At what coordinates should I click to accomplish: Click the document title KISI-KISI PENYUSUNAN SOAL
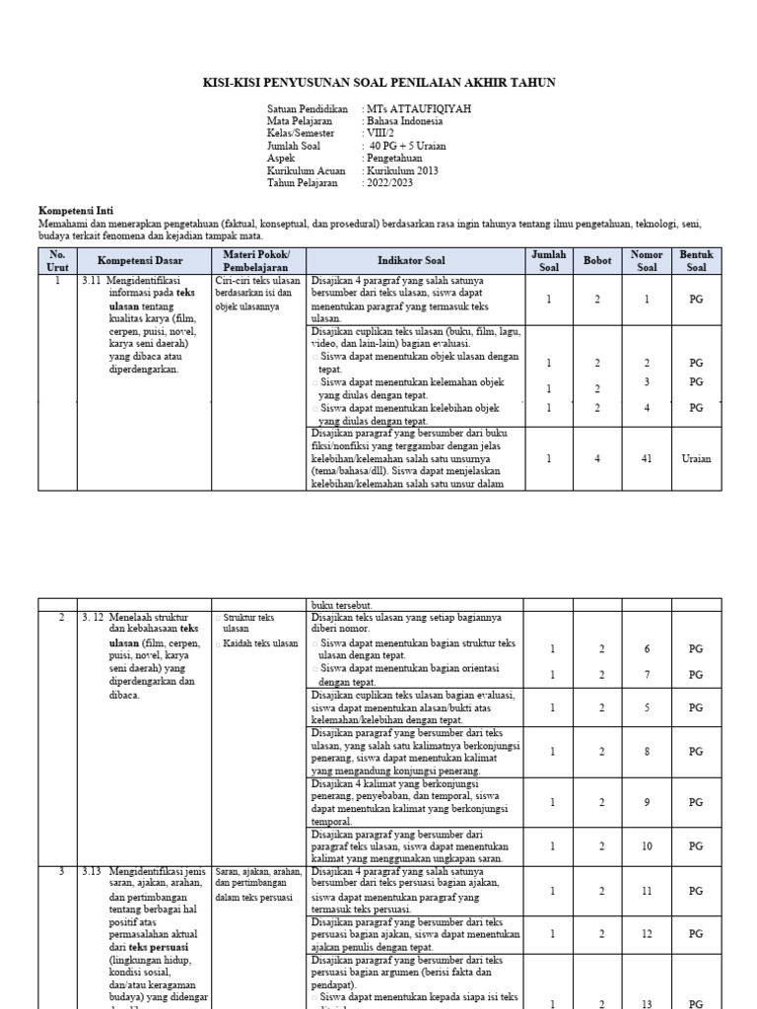click(379, 83)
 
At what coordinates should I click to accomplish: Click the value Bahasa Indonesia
click(404, 121)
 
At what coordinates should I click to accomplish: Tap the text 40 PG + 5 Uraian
click(407, 146)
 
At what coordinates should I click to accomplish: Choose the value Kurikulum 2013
click(404, 170)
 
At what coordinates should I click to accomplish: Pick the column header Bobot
click(597, 261)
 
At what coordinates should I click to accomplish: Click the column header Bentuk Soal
click(695, 261)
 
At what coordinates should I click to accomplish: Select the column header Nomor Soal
click(647, 261)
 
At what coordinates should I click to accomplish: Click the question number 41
click(647, 458)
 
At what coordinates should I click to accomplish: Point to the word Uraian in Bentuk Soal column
click(695, 458)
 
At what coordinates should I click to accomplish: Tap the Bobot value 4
click(597, 458)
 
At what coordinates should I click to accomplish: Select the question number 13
click(647, 1004)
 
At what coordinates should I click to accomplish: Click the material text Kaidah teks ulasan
click(260, 642)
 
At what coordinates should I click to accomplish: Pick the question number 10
click(647, 845)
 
